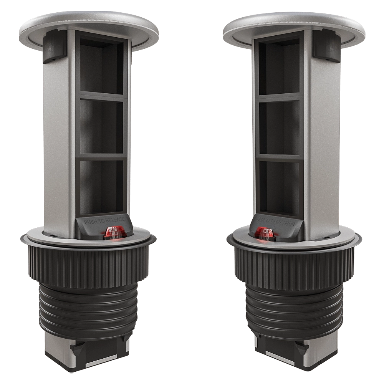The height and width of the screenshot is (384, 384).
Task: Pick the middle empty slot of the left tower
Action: [x=102, y=127]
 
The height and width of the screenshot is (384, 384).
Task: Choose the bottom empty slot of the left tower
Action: [x=102, y=186]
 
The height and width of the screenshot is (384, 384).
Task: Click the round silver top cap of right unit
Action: [x=294, y=23]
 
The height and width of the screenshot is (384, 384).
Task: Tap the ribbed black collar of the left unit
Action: [x=88, y=265]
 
